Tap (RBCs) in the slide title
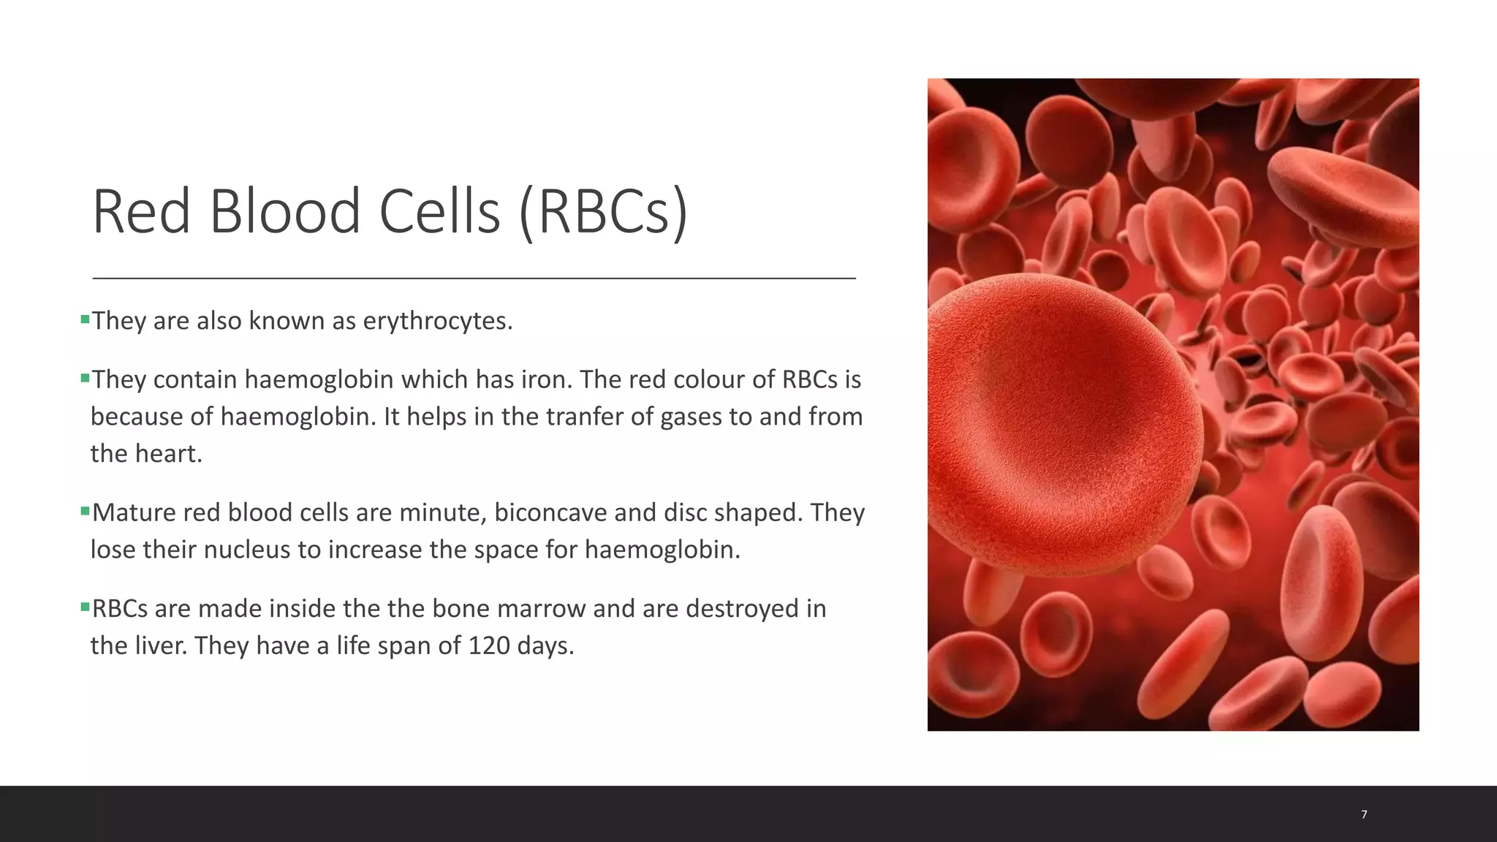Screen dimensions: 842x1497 pos(603,212)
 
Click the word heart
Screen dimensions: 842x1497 pos(169,455)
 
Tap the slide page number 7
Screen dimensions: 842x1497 pos(1364,814)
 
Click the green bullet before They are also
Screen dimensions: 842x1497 pos(85,319)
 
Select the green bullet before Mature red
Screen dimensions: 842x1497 pos(85,511)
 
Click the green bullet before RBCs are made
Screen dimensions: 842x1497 pos(85,607)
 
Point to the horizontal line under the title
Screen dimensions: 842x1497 pos(474,278)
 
